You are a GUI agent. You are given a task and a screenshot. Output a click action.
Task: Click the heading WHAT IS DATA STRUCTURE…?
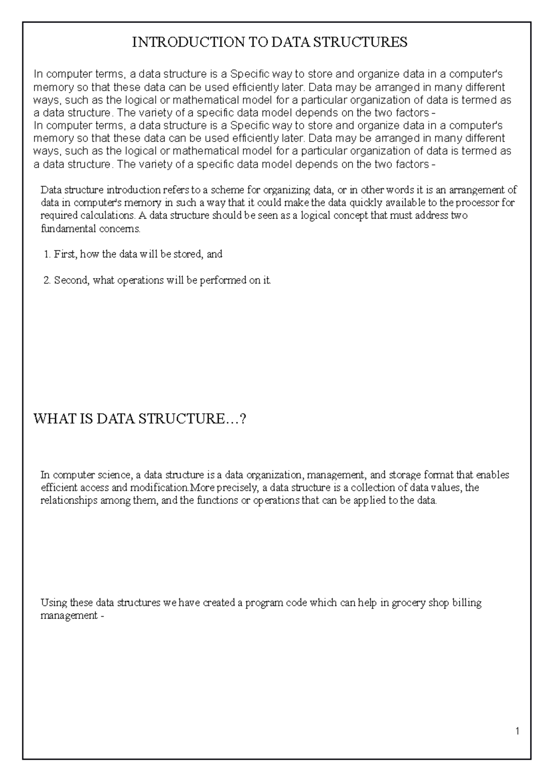coord(140,419)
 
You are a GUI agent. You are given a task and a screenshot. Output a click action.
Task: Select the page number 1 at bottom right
coord(518,731)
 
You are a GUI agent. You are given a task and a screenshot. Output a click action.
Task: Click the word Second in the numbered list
coord(71,280)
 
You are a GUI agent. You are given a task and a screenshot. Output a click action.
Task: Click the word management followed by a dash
coord(68,616)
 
